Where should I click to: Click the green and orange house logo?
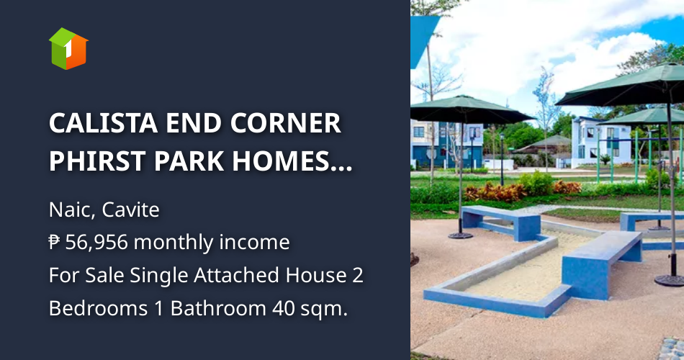(68, 48)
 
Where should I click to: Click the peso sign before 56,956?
(55, 243)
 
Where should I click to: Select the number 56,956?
(96, 243)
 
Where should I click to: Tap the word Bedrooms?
(91, 308)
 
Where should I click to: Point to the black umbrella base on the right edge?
(670, 279)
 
